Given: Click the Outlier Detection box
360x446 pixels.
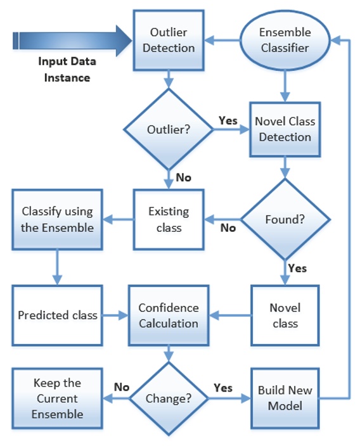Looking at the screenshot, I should tap(168, 39).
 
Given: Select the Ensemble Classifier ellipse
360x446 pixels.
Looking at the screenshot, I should tap(285, 39).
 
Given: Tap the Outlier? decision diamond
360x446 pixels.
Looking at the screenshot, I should tap(168, 129).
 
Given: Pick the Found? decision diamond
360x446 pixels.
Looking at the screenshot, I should tap(285, 220).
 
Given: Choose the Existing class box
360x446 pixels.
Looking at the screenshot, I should tap(168, 219).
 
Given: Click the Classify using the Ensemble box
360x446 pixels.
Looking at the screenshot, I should tap(57, 219).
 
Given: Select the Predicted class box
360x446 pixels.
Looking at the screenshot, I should tap(57, 315).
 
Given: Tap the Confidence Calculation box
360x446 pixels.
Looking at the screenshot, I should tap(168, 315).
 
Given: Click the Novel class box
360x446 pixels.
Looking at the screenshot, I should tap(285, 315).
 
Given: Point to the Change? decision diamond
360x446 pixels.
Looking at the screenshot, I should tap(168, 400).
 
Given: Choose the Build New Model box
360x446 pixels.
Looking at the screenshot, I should tap(285, 398).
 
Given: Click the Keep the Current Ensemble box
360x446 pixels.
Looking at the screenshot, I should tap(57, 399).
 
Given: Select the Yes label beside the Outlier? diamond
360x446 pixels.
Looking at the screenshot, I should tap(228, 120).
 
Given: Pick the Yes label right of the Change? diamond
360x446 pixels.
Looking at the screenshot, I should tap(223, 388).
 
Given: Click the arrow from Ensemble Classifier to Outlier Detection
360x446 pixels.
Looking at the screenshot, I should tap(221, 39).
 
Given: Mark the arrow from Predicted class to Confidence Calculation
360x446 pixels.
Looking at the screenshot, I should tap(115, 315).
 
